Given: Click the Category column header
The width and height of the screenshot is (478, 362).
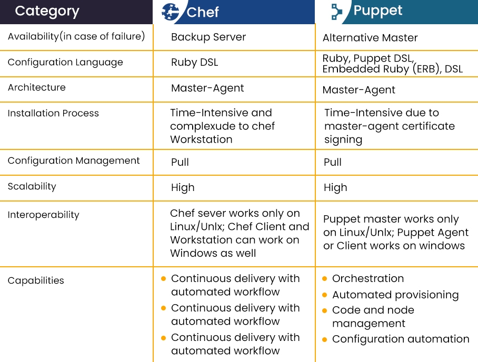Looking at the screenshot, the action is pos(47,11).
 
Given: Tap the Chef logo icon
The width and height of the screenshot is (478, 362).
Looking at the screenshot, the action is pos(170,12).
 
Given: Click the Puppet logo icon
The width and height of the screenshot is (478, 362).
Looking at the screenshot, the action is pos(336,12).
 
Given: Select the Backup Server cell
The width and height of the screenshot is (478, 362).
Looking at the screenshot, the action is pos(208,37).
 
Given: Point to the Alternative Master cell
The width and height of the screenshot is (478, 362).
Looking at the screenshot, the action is pos(370,38).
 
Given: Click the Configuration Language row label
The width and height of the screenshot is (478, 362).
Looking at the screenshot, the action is pos(65,62).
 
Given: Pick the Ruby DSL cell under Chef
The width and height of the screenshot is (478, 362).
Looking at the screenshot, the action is pos(194,62).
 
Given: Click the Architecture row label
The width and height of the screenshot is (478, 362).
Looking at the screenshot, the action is pos(36,87).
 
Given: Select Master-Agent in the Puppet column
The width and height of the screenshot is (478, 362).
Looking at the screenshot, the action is pos(359,90).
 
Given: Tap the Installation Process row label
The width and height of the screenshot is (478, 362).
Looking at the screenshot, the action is pos(53,113).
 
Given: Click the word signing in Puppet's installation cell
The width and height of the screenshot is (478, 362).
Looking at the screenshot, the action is pos(343,139).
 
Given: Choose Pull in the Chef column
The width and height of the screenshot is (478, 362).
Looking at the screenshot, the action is pos(180,162).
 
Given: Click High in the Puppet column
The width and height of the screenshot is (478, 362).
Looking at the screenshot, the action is pos(335,187).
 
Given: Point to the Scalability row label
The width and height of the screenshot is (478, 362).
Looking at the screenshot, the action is pos(32,186).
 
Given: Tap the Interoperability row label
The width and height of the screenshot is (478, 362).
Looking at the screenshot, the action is pos(43,215).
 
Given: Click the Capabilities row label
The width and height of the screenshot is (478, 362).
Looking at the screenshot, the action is pos(36,280).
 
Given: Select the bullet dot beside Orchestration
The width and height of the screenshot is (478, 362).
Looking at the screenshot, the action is pos(325,278).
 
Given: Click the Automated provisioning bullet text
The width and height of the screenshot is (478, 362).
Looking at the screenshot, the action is pos(395,295).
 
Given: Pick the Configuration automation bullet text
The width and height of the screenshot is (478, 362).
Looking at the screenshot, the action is pos(401,339).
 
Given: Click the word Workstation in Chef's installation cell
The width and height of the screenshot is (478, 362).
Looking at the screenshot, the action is pos(201,139).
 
